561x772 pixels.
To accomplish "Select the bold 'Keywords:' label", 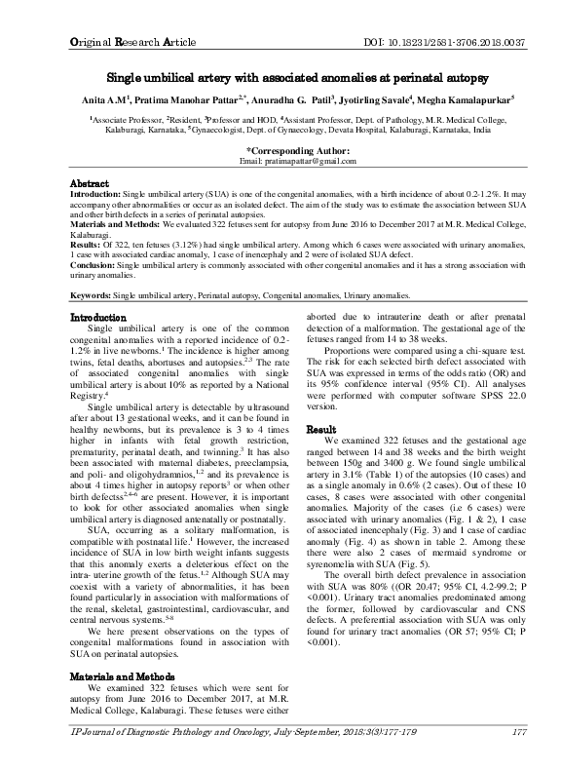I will [93, 292].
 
